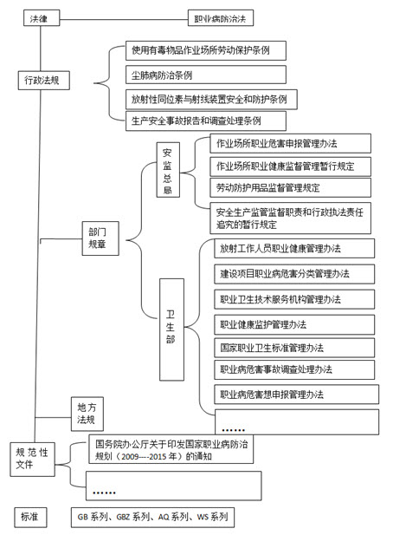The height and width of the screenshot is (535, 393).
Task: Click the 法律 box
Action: coord(42,17)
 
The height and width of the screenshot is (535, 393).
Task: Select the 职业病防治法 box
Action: coord(221,17)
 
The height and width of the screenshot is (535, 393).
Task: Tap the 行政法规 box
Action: coord(44,80)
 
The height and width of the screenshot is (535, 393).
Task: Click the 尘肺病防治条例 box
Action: coord(206,75)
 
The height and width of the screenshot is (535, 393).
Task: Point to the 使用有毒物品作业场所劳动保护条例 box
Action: coord(206,50)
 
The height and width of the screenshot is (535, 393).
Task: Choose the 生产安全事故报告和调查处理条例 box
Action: coord(206,121)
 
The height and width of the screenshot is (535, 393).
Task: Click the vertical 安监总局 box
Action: coord(168,170)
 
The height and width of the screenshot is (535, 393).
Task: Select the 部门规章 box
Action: coord(100,238)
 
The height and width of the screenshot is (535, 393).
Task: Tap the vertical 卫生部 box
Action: coord(171,329)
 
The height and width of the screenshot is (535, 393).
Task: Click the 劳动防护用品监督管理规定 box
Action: coord(290,187)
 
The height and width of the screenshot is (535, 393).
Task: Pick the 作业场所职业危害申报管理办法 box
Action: coord(290,143)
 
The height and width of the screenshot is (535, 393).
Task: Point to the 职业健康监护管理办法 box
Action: coord(294,324)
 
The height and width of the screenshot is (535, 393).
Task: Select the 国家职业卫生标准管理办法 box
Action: coord(294,348)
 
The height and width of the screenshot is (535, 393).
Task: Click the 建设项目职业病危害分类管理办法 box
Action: coord(294,274)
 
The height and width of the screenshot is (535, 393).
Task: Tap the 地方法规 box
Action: coord(87,414)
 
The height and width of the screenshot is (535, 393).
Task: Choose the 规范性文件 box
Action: coord(32,460)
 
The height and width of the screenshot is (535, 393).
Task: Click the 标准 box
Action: coord(30,518)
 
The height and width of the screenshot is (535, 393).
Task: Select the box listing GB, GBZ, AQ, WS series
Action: coord(152,518)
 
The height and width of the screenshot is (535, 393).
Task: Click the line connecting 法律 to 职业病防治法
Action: coord(124,19)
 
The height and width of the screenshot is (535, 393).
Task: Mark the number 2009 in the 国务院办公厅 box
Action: coord(130,456)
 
